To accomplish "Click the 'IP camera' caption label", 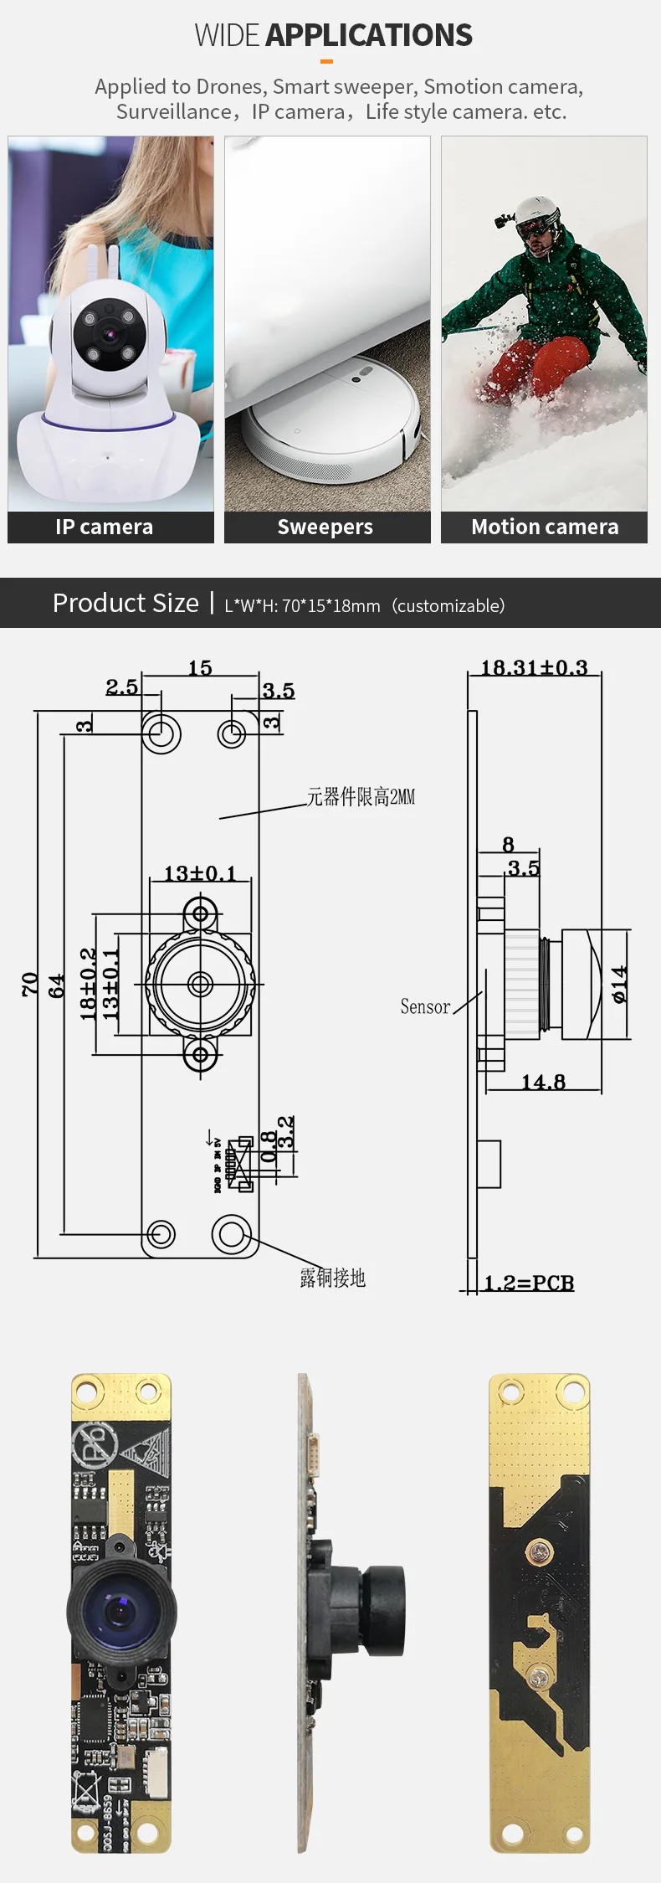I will pyautogui.click(x=105, y=527).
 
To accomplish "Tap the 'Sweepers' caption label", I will pyautogui.click(x=325, y=527).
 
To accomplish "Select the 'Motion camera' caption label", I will pyautogui.click(x=545, y=527).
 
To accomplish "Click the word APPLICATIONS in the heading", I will pyautogui.click(x=369, y=35).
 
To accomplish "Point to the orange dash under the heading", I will pyautogui.click(x=327, y=61).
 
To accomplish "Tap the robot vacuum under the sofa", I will pyautogui.click(x=335, y=419).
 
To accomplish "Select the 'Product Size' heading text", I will pyautogui.click(x=126, y=603).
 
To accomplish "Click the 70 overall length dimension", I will pyautogui.click(x=30, y=984).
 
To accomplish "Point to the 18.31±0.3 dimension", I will pyautogui.click(x=534, y=667).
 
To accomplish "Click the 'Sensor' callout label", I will pyautogui.click(x=425, y=1006).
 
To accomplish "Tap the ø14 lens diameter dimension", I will pyautogui.click(x=619, y=984).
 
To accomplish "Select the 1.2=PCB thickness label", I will pyautogui.click(x=529, y=1283).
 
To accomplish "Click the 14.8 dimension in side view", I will pyautogui.click(x=543, y=1082).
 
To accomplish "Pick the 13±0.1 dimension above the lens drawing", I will pyautogui.click(x=200, y=873).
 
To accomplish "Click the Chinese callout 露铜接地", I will pyautogui.click(x=333, y=1278).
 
